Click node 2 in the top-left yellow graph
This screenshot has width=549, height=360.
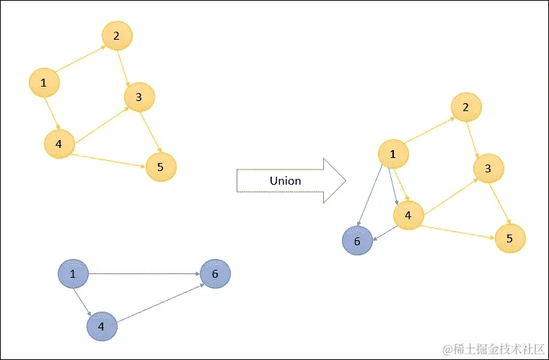coord(117,35)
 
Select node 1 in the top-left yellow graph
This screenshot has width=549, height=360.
coord(44,84)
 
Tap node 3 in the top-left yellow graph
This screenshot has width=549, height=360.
coord(139,96)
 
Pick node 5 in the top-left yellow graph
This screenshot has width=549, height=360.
coord(161,167)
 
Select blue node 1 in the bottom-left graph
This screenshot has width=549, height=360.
coord(72,274)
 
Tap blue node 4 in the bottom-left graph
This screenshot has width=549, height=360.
coord(102,326)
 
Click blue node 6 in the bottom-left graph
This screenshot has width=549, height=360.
coord(215,274)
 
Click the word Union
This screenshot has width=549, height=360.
coord(285,180)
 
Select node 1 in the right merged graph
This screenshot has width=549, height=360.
coord(393,153)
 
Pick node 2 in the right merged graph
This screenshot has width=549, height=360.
coord(466,107)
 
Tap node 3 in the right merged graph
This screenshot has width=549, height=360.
coord(488,169)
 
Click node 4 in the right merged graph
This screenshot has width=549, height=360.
coord(408,215)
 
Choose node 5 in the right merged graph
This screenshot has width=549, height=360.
coord(511,238)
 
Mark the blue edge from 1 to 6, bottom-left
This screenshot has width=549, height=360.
coord(144,274)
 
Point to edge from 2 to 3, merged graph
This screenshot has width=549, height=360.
coord(478,139)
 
